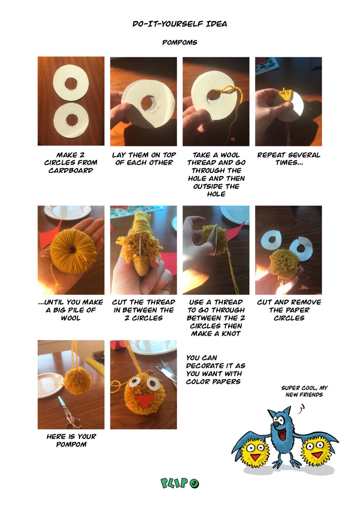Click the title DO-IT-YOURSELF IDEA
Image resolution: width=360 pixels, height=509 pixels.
coord(180,24)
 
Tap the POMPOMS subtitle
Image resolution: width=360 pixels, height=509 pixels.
coord(180,43)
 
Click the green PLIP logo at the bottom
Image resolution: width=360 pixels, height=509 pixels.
coord(180,483)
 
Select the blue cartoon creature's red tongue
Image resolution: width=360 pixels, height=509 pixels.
coord(283,435)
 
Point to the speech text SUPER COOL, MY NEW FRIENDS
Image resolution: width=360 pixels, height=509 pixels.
coord(304,391)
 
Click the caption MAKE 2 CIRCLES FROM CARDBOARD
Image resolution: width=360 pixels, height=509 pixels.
coord(71,163)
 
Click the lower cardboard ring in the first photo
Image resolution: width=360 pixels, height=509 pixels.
coord(72,120)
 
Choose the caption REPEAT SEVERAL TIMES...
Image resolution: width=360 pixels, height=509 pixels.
coord(288,159)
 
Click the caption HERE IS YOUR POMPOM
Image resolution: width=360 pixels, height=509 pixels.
coord(71,440)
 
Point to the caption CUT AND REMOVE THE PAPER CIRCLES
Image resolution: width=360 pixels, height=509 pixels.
coord(288,310)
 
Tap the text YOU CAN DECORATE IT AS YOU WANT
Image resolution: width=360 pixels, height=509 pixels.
coord(215,369)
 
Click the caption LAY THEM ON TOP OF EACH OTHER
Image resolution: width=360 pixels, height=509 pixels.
coord(143,159)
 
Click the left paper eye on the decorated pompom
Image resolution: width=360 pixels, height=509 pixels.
coord(134,383)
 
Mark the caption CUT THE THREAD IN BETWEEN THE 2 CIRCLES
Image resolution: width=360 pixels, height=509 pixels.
coord(143,310)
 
